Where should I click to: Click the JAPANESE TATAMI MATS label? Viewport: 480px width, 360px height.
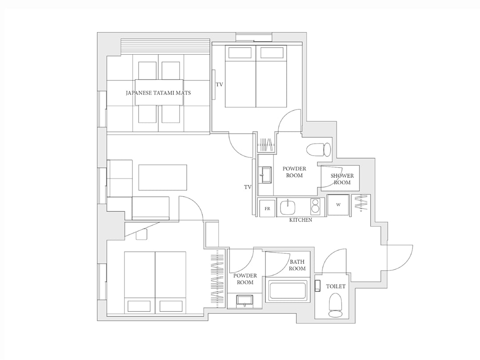pyautogui.click(x=158, y=92)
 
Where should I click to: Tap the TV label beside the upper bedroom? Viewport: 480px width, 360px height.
pyautogui.click(x=220, y=84)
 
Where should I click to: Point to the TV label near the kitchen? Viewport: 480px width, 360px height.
pyautogui.click(x=248, y=187)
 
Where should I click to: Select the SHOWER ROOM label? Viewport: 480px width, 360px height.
pyautogui.click(x=342, y=179)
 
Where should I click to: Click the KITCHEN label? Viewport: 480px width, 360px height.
pyautogui.click(x=300, y=220)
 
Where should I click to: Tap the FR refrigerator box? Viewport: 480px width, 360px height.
pyautogui.click(x=267, y=208)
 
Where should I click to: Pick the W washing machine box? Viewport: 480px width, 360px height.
pyautogui.click(x=338, y=205)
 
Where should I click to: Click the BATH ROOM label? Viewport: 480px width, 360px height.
pyautogui.click(x=297, y=265)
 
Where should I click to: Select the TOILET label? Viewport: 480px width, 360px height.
pyautogui.click(x=336, y=287)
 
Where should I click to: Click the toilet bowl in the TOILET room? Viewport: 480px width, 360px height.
pyautogui.click(x=336, y=305)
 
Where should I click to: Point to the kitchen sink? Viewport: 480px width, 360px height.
pyautogui.click(x=288, y=208)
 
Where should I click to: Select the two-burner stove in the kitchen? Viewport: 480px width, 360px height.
pyautogui.click(x=315, y=207)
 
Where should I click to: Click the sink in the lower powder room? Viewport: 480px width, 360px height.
pyautogui.click(x=244, y=300)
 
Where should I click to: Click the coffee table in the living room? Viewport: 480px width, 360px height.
pyautogui.click(x=163, y=177)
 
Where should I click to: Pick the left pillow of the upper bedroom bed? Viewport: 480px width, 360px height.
pyautogui.click(x=240, y=52)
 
